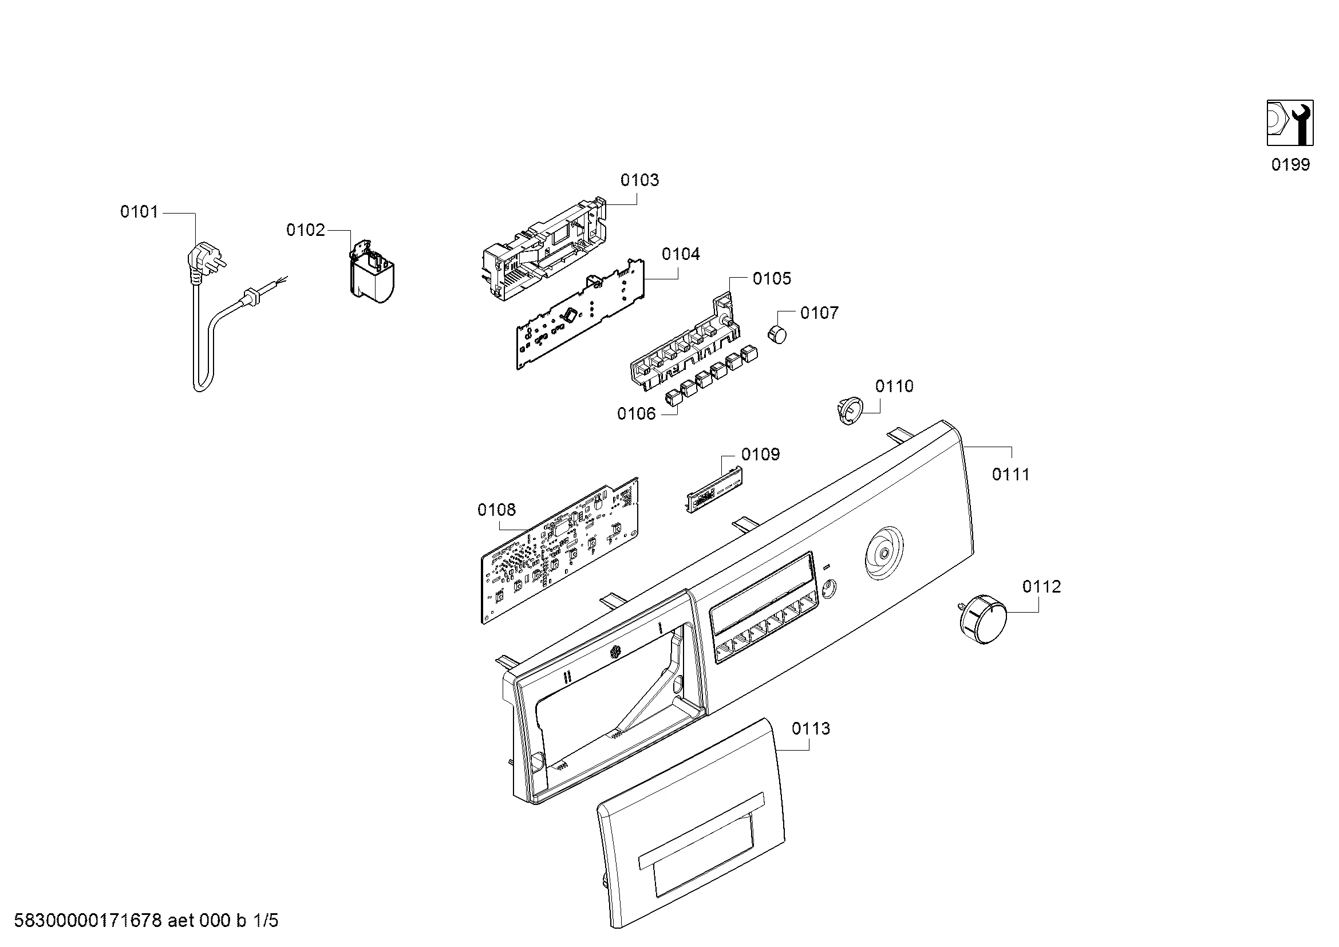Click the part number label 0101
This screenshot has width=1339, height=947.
[x=139, y=212]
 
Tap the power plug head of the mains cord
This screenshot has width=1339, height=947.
[x=201, y=260]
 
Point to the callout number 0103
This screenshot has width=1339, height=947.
[x=639, y=180]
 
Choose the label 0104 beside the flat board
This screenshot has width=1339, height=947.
[x=681, y=254]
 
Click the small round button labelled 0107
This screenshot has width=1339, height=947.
[x=776, y=336]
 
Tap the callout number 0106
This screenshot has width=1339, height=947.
[x=636, y=414]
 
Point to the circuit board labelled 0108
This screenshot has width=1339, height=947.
[x=560, y=551]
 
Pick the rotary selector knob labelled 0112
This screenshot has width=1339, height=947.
[x=983, y=620]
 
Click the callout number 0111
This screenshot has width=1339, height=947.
[x=1010, y=475]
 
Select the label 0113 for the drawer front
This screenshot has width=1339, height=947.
[x=811, y=728]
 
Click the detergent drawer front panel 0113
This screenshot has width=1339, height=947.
[x=692, y=823]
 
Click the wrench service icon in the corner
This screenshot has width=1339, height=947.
[x=1290, y=123]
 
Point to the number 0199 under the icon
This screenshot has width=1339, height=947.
[x=1290, y=165]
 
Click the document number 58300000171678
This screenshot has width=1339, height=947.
[x=88, y=921]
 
